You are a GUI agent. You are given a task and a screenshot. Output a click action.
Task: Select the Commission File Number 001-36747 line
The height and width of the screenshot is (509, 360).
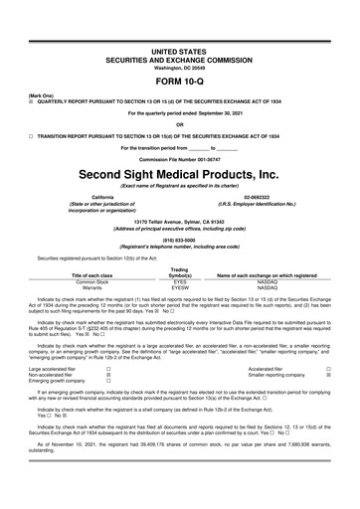pos(180,160)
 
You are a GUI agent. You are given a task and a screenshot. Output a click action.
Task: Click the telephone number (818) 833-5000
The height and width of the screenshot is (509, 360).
pos(180,239)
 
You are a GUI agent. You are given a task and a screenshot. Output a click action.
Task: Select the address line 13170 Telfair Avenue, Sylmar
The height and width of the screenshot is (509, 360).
pos(180,221)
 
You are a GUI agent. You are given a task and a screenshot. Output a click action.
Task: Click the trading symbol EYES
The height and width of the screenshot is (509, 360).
pos(180,282)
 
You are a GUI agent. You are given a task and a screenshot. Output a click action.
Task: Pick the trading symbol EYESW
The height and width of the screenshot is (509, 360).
pos(180,289)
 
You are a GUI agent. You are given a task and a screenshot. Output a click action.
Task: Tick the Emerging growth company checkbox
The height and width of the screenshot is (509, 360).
pos(107,380)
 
